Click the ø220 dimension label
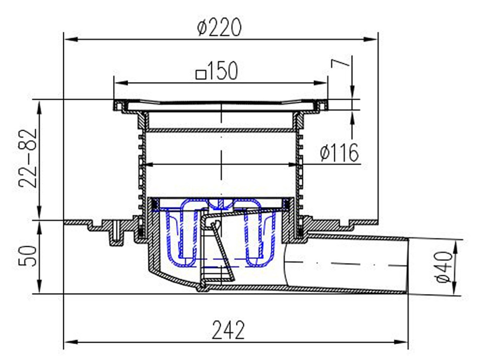[219, 27]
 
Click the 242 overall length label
[229, 330]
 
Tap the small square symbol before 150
[201, 74]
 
